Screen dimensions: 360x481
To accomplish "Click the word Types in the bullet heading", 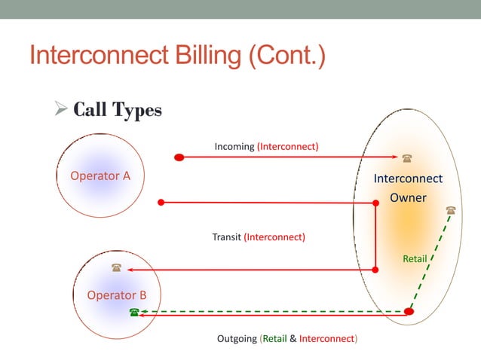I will (137, 111).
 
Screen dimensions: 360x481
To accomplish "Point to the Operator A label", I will (100, 176).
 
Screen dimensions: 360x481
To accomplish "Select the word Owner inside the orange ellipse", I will (408, 198).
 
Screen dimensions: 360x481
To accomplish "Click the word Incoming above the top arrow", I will (234, 146).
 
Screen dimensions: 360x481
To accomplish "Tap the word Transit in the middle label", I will (226, 237).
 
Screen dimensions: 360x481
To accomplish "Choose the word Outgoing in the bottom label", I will (237, 339).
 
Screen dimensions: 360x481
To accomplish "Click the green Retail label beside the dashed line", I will (415, 259).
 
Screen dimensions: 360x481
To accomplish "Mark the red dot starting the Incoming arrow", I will (179, 157).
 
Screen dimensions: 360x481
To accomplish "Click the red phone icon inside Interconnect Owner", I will (407, 158).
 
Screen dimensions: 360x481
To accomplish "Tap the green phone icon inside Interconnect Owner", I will (451, 210).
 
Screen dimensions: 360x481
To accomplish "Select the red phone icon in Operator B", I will (116, 268).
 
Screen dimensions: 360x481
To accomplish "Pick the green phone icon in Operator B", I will (134, 312).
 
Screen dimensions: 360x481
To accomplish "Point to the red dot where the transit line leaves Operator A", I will (161, 202).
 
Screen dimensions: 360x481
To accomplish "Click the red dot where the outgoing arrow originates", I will (409, 312).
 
